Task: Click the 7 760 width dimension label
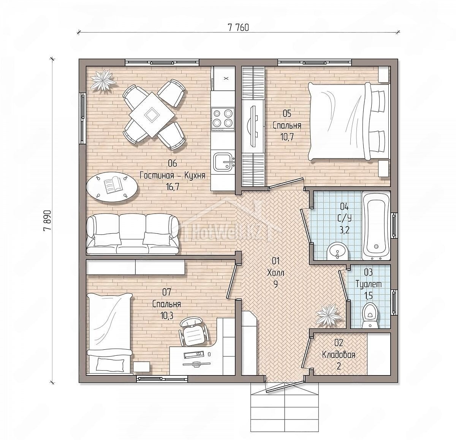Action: [238, 28]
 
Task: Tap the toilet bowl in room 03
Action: [370, 316]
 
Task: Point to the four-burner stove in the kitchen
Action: [223, 119]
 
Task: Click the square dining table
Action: [152, 115]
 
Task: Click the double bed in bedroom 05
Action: [349, 121]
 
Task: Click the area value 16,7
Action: [172, 187]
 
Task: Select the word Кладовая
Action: [339, 355]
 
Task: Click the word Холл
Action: [275, 273]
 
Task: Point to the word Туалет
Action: [369, 284]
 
